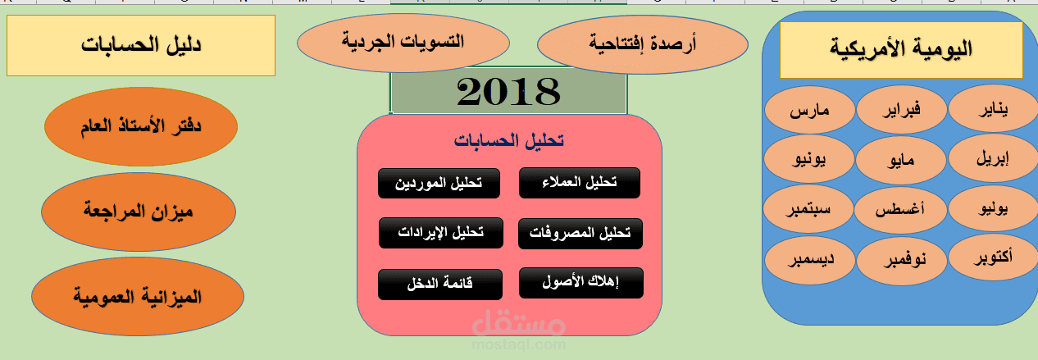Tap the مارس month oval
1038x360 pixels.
click(x=809, y=112)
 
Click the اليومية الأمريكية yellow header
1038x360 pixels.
click(x=900, y=49)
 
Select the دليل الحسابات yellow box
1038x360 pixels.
click(x=141, y=45)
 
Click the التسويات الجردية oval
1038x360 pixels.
click(x=403, y=41)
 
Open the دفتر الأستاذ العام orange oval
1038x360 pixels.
click(x=140, y=127)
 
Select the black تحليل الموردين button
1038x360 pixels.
click(x=439, y=183)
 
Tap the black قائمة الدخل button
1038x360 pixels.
click(x=439, y=284)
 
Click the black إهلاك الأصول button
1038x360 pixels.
click(x=580, y=283)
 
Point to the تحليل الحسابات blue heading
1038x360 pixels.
click(x=508, y=141)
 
